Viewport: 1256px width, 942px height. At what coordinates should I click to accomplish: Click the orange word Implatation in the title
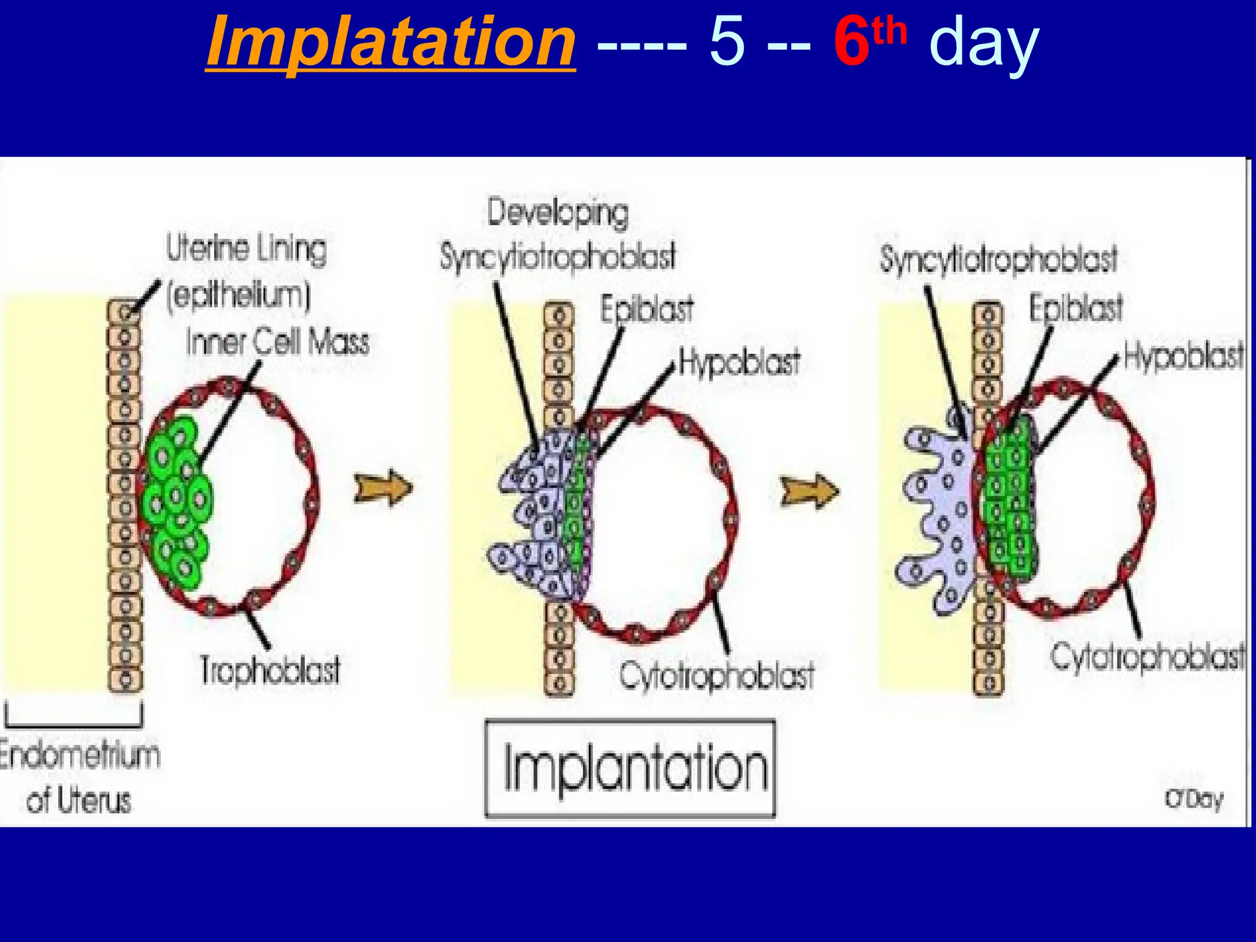coord(391,43)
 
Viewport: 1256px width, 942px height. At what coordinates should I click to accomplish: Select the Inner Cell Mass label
coord(278,342)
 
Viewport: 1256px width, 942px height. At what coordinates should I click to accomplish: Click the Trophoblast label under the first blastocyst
coord(270,670)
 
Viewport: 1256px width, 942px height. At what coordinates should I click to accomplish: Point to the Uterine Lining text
coord(247,249)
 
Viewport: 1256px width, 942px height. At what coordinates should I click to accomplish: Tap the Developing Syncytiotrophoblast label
coord(557,236)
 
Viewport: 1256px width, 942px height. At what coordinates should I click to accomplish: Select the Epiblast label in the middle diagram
coord(646,309)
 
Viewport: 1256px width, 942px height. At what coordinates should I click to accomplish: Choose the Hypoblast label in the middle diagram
coord(739,362)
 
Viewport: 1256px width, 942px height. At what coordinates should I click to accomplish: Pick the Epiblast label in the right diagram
coord(1076,308)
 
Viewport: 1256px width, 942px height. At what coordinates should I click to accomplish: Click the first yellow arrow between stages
coord(384,489)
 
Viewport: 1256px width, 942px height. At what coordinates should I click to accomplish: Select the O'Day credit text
coord(1193,799)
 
